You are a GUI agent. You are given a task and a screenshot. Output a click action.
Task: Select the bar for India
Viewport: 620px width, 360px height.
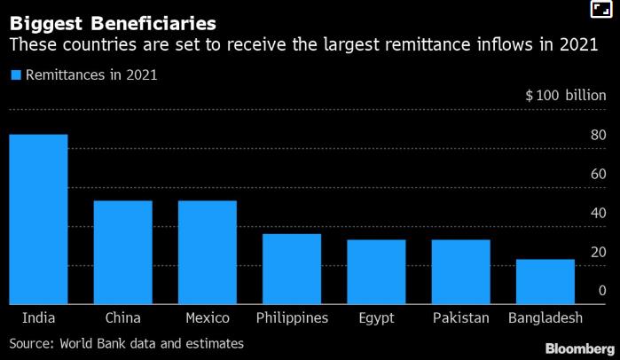pyautogui.click(x=38, y=219)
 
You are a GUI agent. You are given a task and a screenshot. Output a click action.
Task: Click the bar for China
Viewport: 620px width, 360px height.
pyautogui.click(x=122, y=253)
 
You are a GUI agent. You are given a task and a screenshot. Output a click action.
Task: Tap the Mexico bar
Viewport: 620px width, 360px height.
pyautogui.click(x=207, y=253)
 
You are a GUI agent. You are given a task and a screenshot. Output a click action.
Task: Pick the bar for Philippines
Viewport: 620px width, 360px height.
pyautogui.click(x=292, y=269)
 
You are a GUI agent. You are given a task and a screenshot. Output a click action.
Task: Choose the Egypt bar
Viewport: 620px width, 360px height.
pyautogui.click(x=376, y=272)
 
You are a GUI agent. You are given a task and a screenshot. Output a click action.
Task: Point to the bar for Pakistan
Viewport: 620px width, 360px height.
pyautogui.click(x=460, y=272)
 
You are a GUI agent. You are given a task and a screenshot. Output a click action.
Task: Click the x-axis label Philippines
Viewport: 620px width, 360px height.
pyautogui.click(x=292, y=317)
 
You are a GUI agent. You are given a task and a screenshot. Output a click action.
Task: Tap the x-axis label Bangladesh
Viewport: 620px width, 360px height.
pyautogui.click(x=545, y=317)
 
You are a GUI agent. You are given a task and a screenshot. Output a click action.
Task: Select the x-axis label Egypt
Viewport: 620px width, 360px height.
pyautogui.click(x=376, y=317)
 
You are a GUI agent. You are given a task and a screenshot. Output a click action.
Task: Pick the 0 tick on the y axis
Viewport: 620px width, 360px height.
pyautogui.click(x=602, y=291)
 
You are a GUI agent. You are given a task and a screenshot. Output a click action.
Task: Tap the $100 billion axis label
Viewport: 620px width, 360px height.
pyautogui.click(x=565, y=96)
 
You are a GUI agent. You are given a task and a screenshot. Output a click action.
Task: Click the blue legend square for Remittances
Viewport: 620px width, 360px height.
pyautogui.click(x=15, y=75)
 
